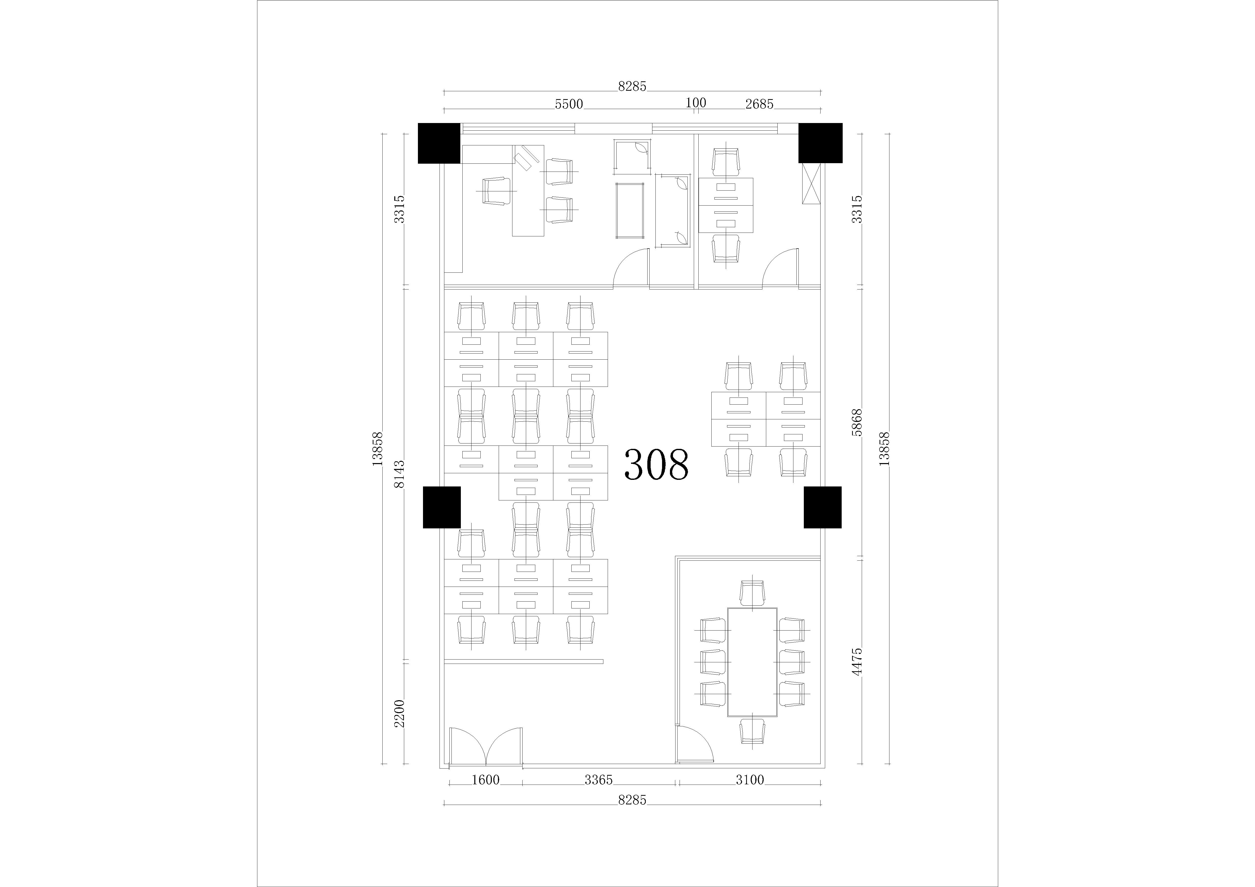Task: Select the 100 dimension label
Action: point(696,103)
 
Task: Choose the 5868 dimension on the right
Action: point(857,422)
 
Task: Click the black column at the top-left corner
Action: point(439,143)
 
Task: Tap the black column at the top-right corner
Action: point(821,143)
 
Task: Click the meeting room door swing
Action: point(695,743)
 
